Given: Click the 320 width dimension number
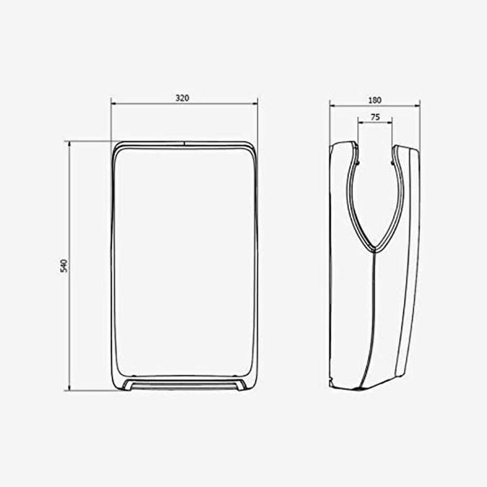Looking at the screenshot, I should point(182,97).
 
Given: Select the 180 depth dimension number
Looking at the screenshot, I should point(375,99).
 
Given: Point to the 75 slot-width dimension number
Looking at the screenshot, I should point(375,117).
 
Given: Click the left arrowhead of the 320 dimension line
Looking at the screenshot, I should point(114,103).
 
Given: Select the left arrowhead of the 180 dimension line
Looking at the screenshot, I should point(332,106).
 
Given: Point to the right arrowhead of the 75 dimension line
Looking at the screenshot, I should point(390,123).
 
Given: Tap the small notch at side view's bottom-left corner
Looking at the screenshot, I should point(331,383).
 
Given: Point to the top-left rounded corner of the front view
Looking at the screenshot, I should point(116,146).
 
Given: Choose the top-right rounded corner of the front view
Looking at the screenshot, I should point(252,146).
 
